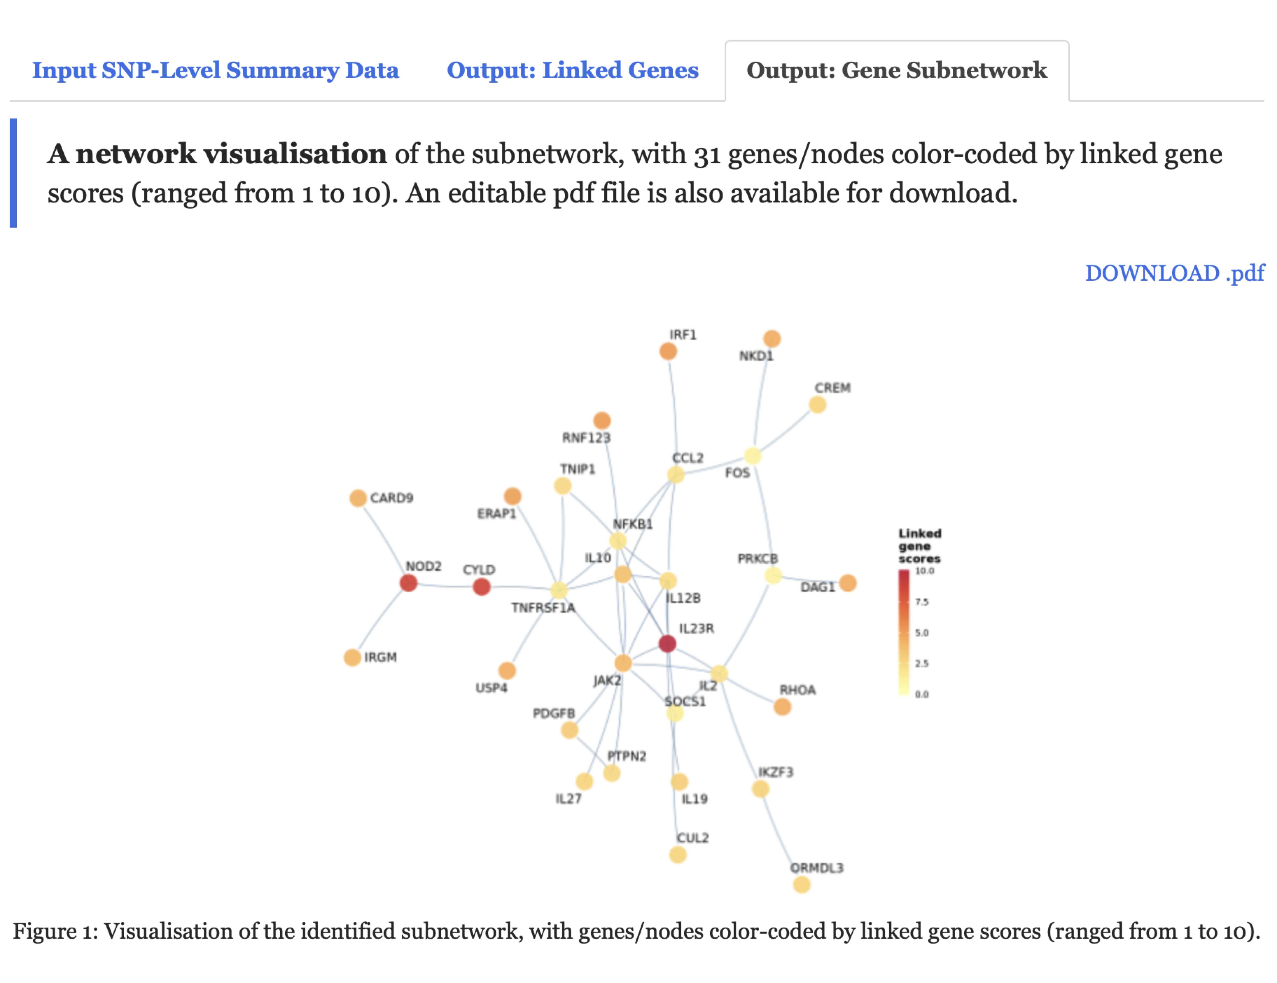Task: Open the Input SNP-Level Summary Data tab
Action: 215,70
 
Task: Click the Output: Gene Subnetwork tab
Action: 896,70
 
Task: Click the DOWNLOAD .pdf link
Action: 1174,273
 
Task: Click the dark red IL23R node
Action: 667,643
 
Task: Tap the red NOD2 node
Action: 408,583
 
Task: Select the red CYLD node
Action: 481,587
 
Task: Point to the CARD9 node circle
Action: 358,498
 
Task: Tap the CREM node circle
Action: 817,404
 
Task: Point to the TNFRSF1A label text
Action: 543,608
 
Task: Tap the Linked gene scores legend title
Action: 919,546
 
